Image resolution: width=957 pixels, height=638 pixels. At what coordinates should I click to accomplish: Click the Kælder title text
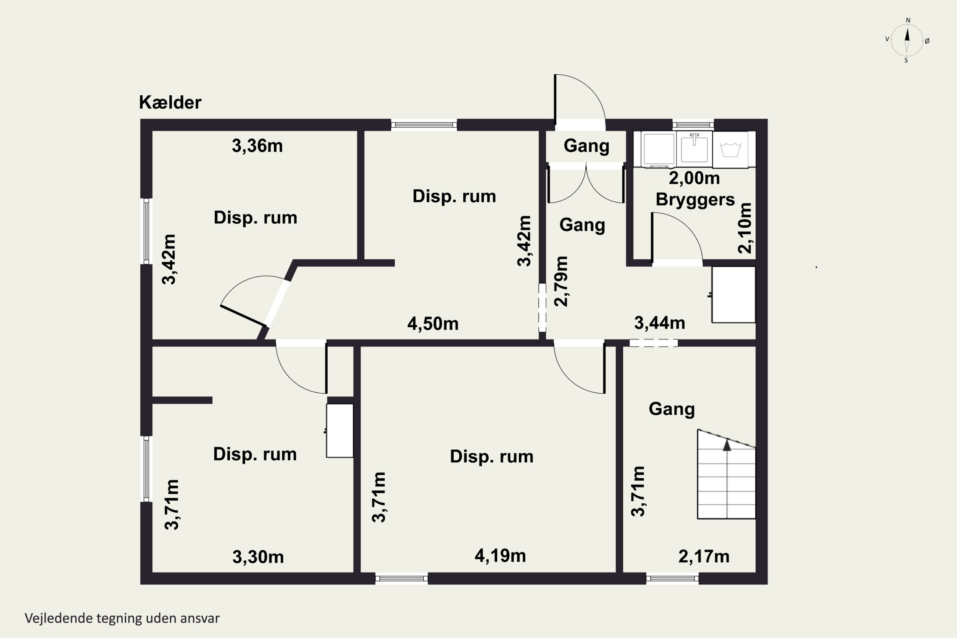pos(170,102)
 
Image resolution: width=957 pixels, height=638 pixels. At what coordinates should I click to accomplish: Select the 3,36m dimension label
pos(257,146)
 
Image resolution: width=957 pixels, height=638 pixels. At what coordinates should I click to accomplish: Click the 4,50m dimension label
pos(433,324)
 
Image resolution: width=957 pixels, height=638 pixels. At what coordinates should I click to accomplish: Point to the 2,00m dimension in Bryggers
pos(694,178)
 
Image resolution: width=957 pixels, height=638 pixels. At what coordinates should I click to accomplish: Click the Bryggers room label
pos(695,200)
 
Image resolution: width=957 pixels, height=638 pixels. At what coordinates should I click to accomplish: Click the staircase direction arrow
pos(727,445)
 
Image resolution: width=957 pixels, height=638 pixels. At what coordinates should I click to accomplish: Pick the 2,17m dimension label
pos(704,557)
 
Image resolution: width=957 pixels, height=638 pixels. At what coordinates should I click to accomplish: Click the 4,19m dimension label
pos(500,556)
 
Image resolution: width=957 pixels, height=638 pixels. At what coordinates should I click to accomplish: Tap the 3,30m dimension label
pos(258,557)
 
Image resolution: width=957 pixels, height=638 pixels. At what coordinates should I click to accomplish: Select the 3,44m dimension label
pos(660,323)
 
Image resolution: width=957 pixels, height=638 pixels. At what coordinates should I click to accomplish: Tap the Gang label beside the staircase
pos(672,409)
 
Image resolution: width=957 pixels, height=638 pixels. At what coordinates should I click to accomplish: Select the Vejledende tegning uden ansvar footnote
pos(122,619)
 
